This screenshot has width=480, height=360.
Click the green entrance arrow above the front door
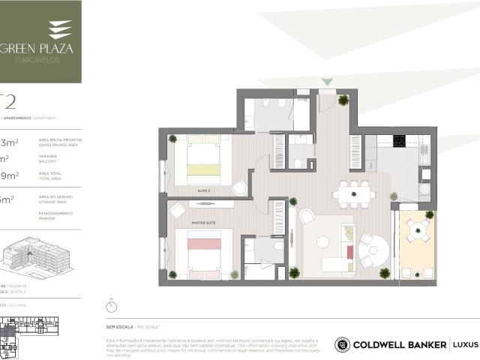tap(326, 81)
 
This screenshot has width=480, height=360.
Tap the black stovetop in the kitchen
tap(400, 141)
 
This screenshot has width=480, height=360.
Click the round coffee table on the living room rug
tap(322, 241)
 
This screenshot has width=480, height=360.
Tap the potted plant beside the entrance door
tap(343, 100)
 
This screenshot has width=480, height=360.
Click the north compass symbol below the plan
tap(112, 305)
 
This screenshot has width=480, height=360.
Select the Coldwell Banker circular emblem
tap(342, 344)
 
